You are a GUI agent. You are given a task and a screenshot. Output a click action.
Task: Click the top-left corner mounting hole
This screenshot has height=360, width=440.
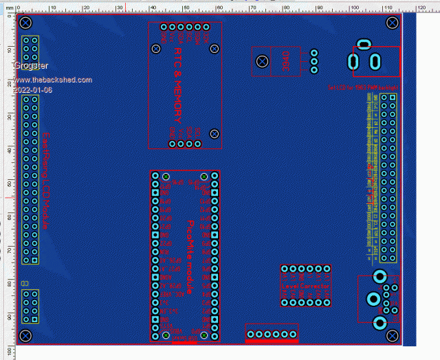point(25,23)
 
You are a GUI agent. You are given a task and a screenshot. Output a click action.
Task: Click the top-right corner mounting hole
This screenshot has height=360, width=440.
point(393,23)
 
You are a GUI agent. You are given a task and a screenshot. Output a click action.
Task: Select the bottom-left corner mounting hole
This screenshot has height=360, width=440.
point(25,335)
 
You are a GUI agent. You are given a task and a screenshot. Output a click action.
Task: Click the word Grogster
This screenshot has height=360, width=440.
point(31,65)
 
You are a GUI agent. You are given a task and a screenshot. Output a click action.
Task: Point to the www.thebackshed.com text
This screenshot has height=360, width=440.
point(52,80)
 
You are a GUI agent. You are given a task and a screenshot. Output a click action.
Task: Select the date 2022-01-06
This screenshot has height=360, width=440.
point(32,90)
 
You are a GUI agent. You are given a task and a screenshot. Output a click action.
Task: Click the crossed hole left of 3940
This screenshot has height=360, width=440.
point(262,62)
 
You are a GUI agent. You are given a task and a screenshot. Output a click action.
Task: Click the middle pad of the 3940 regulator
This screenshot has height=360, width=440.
point(314,61)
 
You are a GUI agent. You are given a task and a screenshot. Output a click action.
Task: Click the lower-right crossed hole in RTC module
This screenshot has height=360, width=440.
point(214,133)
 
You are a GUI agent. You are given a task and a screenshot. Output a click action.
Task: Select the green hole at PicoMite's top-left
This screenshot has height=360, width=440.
point(166,177)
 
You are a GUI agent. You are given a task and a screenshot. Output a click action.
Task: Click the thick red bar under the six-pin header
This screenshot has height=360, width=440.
point(272,340)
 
